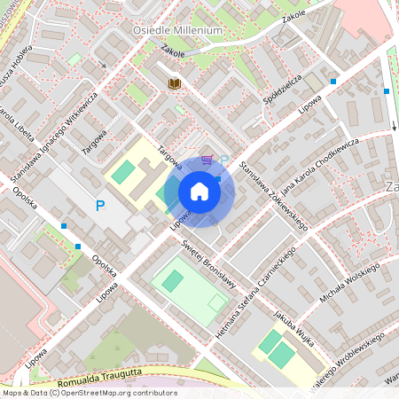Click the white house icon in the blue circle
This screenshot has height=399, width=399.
pyautogui.click(x=199, y=192)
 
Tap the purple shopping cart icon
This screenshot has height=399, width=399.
pyautogui.click(x=207, y=160)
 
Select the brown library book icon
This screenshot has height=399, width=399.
pyautogui.click(x=175, y=83)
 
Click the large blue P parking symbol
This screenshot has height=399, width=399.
pyautogui.click(x=100, y=206)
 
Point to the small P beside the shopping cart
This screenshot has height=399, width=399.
pyautogui.click(x=224, y=160)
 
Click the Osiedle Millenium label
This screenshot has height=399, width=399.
pyautogui.click(x=177, y=30)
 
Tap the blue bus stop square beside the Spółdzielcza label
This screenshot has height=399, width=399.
pyautogui.click(x=333, y=82)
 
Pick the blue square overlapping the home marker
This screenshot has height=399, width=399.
pyautogui.click(x=218, y=178)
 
